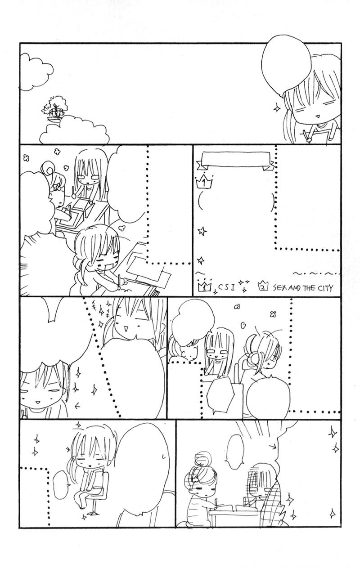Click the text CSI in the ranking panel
[227, 287]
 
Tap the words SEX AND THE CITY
[303, 288]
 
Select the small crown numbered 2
[263, 286]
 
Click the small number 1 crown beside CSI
[205, 286]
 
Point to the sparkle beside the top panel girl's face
[277, 109]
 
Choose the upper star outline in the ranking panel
[202, 232]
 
